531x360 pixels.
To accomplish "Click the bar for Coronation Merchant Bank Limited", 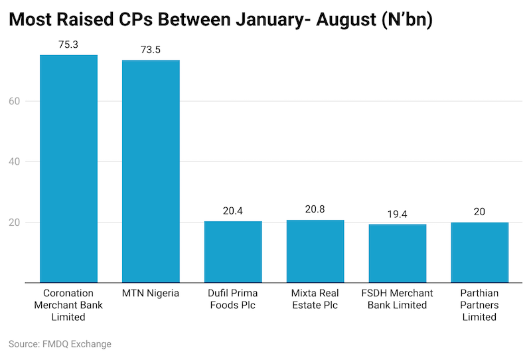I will [68, 169].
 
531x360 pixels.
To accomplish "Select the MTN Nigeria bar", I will [151, 171].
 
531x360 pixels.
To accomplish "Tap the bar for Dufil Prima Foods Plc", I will [233, 252].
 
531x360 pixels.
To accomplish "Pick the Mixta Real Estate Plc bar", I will [315, 251].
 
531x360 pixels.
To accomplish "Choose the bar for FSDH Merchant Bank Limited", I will [398, 253].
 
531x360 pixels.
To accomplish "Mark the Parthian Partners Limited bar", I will [480, 252].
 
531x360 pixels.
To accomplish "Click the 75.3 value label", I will [68, 45].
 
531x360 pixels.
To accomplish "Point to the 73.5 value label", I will [151, 50].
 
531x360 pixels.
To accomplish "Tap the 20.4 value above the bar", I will [233, 211].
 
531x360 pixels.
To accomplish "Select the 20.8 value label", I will [315, 210].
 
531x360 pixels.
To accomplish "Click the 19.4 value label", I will [398, 215].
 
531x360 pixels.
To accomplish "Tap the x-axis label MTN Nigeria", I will [151, 294].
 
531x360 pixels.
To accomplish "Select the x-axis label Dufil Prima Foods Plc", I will [233, 299].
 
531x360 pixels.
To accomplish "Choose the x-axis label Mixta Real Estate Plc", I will [315, 299].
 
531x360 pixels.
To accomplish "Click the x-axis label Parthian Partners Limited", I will [480, 305].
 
